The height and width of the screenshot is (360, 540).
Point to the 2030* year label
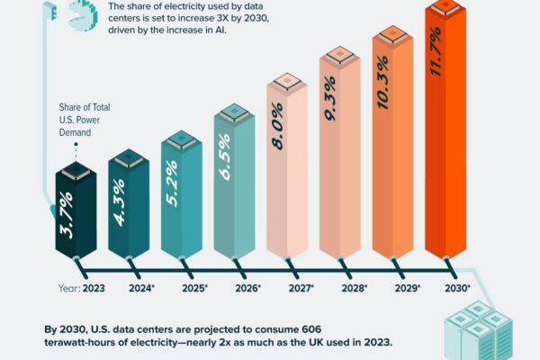point(459,288)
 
